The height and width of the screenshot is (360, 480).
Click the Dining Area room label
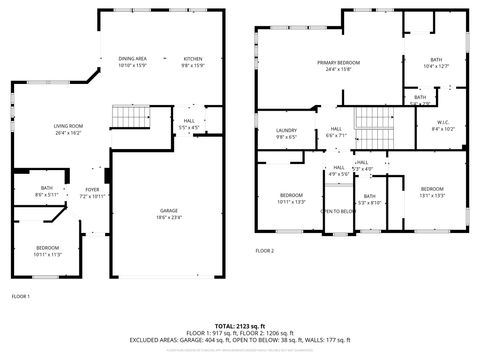click(x=133, y=62)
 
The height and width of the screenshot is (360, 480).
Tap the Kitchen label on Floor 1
click(x=192, y=62)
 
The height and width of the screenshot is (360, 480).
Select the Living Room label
click(x=69, y=127)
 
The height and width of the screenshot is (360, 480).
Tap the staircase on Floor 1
click(x=128, y=117)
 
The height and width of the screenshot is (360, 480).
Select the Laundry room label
click(x=286, y=133)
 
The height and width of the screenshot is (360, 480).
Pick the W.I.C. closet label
click(x=442, y=125)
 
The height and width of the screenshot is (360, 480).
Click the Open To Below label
click(x=338, y=211)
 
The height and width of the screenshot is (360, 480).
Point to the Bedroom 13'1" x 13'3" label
click(x=431, y=192)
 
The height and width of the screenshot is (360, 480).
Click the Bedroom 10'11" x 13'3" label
click(x=291, y=197)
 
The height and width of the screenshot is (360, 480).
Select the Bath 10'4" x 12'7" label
click(x=436, y=63)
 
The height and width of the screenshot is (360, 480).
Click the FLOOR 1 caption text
click(x=21, y=296)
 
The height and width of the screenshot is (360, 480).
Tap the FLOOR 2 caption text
click(x=264, y=250)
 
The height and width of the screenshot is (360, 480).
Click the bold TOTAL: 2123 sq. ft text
click(x=240, y=325)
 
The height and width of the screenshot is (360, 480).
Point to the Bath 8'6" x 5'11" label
click(x=47, y=191)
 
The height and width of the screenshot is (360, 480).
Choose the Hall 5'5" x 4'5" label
click(x=189, y=124)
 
